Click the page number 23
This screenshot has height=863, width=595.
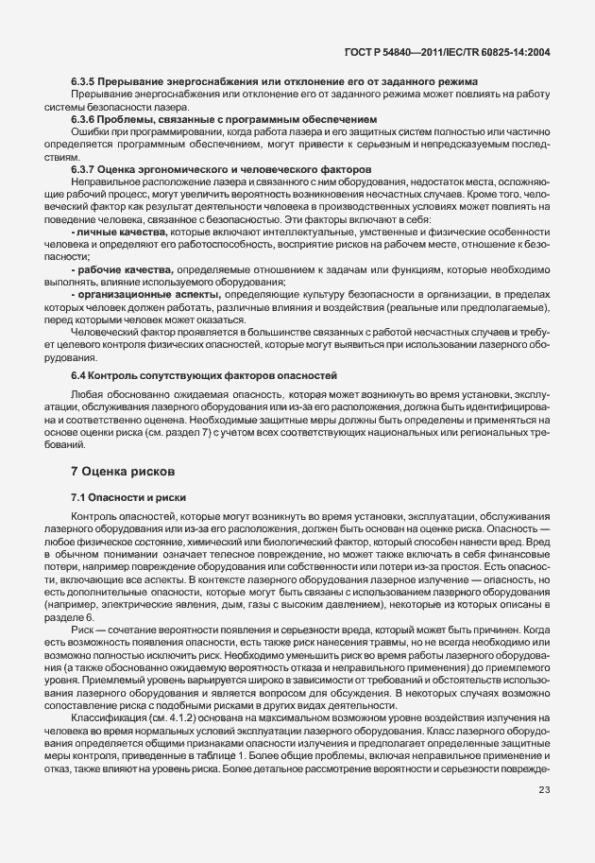[545, 817]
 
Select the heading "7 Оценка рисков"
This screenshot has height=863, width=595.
[122, 470]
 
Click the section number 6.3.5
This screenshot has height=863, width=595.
[86, 83]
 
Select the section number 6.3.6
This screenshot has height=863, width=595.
[86, 120]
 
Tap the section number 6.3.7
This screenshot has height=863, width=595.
[86, 169]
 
